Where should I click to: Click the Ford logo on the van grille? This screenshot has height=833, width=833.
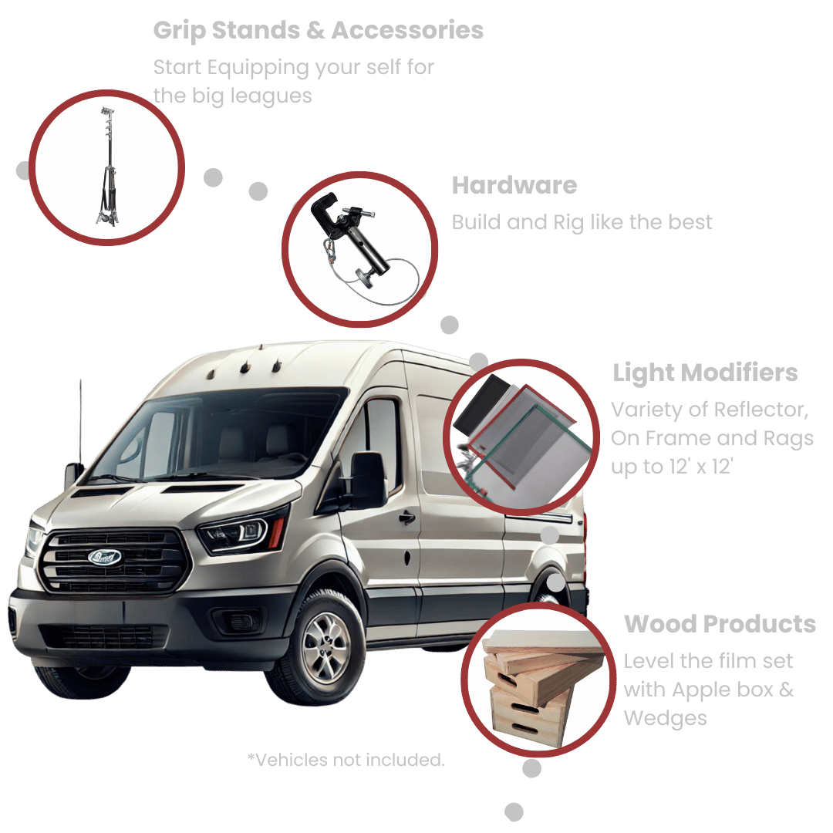point(105,557)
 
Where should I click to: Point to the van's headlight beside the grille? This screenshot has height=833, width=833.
point(240,531)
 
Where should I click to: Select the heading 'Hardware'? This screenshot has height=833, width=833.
point(514,185)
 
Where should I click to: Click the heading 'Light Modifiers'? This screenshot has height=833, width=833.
point(705,373)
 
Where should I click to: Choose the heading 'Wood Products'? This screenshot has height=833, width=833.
point(720,624)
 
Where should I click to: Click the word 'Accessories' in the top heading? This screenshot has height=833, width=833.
point(407,30)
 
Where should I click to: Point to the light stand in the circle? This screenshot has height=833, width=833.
point(108,167)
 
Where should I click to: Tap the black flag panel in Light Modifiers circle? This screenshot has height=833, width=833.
point(481,403)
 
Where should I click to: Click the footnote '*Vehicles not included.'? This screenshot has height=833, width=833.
point(346,760)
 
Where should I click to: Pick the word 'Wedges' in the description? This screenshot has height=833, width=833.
point(665,719)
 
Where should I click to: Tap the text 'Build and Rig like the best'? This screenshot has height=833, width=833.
point(582,223)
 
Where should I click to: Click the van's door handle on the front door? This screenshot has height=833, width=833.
point(407,517)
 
